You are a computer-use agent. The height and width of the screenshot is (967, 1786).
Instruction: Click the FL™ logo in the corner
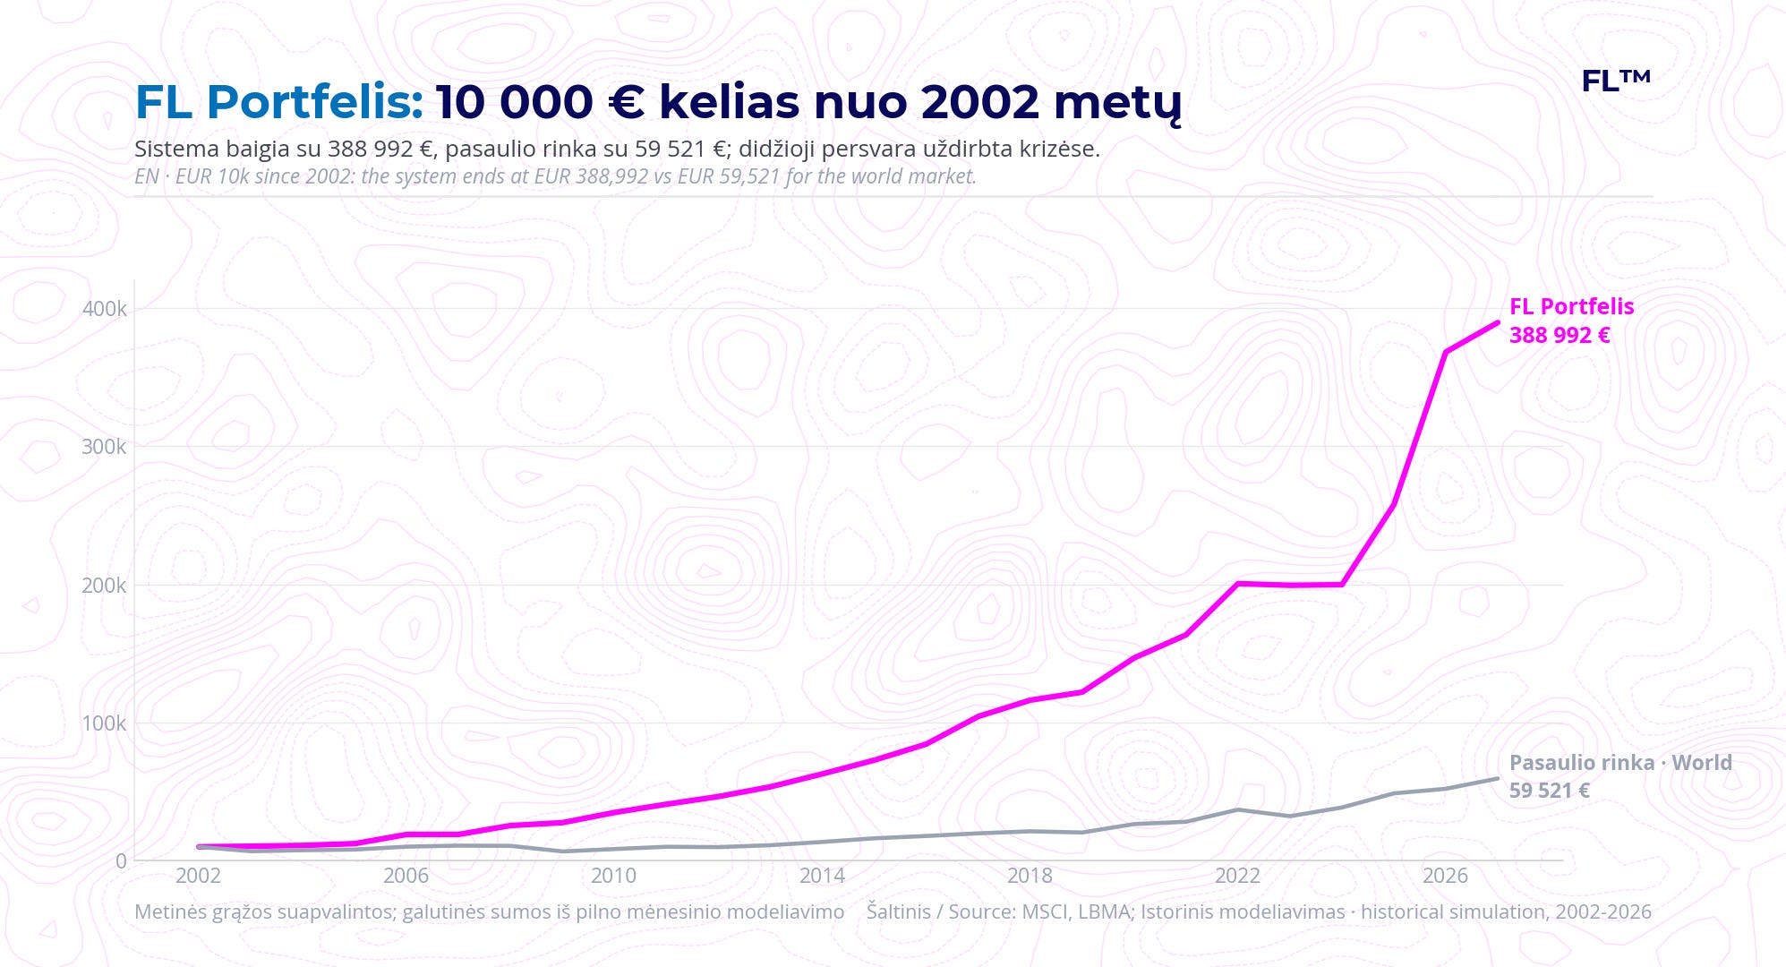pyautogui.click(x=1615, y=81)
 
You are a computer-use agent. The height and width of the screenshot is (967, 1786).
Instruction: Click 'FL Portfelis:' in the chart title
pyautogui.click(x=279, y=102)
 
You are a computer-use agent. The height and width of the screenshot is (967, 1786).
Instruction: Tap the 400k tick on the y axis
pyautogui.click(x=105, y=309)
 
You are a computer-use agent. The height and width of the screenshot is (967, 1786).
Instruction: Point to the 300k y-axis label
pyautogui.click(x=105, y=447)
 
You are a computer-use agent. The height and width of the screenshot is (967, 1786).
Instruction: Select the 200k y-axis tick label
pyautogui.click(x=105, y=586)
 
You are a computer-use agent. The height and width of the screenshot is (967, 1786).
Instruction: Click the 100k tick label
pyautogui.click(x=105, y=723)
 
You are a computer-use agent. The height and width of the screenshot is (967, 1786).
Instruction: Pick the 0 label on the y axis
pyautogui.click(x=122, y=861)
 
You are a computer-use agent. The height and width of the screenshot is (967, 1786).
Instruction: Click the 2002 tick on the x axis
pyautogui.click(x=198, y=876)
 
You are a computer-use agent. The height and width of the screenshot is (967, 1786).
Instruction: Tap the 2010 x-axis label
pyautogui.click(x=613, y=876)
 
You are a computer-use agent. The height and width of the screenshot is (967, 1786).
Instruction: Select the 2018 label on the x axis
pyautogui.click(x=1030, y=876)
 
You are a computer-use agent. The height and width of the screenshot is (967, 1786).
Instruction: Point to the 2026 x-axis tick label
pyautogui.click(x=1445, y=876)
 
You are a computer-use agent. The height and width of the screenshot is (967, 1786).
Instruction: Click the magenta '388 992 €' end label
pyautogui.click(x=1560, y=335)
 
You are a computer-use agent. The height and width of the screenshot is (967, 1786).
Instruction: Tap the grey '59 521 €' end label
pyautogui.click(x=1550, y=791)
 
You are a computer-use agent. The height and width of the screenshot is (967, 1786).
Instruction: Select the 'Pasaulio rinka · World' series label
pyautogui.click(x=1620, y=763)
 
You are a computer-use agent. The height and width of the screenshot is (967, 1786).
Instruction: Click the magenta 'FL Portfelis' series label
pyautogui.click(x=1571, y=306)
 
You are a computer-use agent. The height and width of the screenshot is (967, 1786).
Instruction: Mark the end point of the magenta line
pyautogui.click(x=1498, y=322)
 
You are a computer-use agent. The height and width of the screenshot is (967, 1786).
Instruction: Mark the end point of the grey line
pyautogui.click(x=1497, y=778)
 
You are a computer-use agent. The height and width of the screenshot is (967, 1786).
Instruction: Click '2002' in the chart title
pyautogui.click(x=980, y=102)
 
